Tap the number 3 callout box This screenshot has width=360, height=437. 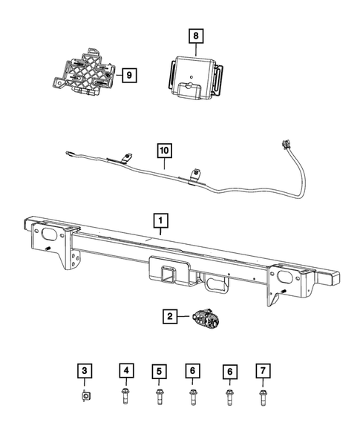click(x=85, y=370)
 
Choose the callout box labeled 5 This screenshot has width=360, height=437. click(x=159, y=370)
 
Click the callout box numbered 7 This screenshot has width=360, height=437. click(x=261, y=370)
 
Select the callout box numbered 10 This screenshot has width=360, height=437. click(x=163, y=151)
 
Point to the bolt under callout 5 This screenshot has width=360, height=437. click(x=159, y=396)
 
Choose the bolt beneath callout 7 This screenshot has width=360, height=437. click(x=261, y=396)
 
